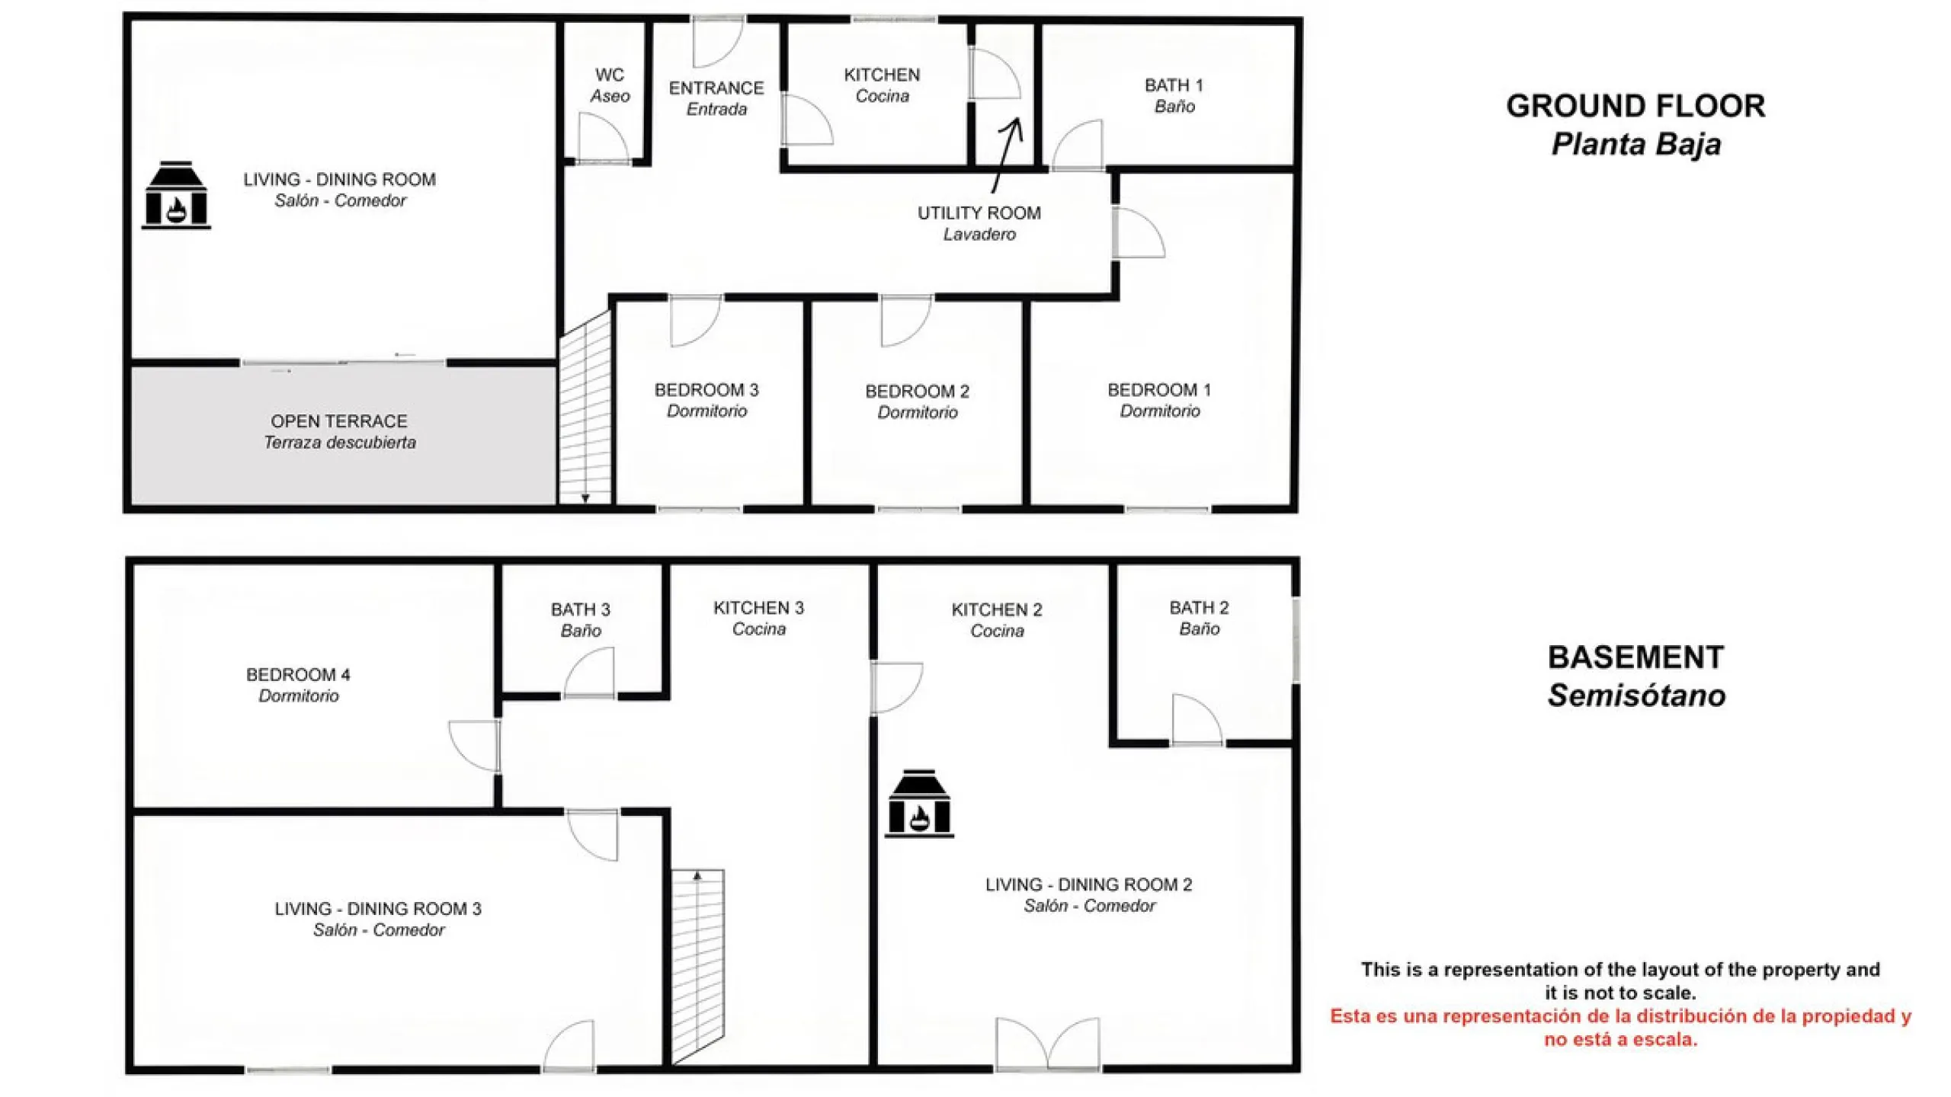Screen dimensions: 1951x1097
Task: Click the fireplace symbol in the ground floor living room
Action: (176, 195)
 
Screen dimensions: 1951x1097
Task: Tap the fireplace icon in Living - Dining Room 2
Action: (919, 804)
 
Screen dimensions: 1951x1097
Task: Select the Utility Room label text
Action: (979, 223)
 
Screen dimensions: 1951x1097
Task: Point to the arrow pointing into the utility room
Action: (1007, 155)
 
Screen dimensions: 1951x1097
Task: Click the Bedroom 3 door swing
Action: (695, 321)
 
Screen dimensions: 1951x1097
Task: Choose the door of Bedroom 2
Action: (906, 321)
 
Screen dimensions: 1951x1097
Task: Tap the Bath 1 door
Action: (1077, 145)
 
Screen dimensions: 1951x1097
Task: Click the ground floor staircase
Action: (585, 408)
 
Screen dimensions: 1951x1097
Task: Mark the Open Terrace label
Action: (340, 432)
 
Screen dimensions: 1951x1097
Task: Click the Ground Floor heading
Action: (1635, 106)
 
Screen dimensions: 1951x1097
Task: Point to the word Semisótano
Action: (1636, 696)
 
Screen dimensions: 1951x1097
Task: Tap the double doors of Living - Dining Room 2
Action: (1048, 1044)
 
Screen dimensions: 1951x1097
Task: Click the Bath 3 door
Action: (589, 673)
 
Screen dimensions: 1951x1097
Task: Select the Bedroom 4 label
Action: (298, 685)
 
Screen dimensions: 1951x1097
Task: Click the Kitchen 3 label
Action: (758, 618)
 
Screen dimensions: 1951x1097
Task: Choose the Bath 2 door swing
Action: (1197, 719)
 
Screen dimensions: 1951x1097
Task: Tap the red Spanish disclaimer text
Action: (1621, 1028)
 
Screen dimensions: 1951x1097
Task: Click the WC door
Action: (604, 138)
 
